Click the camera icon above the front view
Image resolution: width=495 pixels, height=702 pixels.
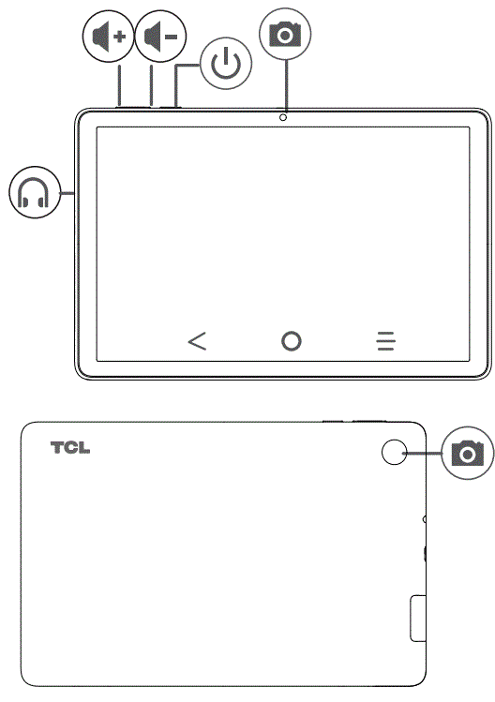pyautogui.click(x=285, y=35)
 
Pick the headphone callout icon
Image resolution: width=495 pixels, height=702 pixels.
pyautogui.click(x=35, y=194)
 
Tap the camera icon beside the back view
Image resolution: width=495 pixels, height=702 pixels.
pyautogui.click(x=466, y=454)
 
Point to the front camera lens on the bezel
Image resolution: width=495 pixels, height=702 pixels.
pyautogui.click(x=282, y=117)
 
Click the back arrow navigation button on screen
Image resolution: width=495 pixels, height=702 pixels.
pyautogui.click(x=197, y=341)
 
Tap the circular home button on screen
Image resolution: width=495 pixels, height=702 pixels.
pyautogui.click(x=292, y=341)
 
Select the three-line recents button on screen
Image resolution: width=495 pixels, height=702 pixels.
pyautogui.click(x=385, y=341)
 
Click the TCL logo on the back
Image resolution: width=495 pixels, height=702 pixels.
pyautogui.click(x=70, y=448)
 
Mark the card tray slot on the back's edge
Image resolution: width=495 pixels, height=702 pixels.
pyautogui.click(x=418, y=618)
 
